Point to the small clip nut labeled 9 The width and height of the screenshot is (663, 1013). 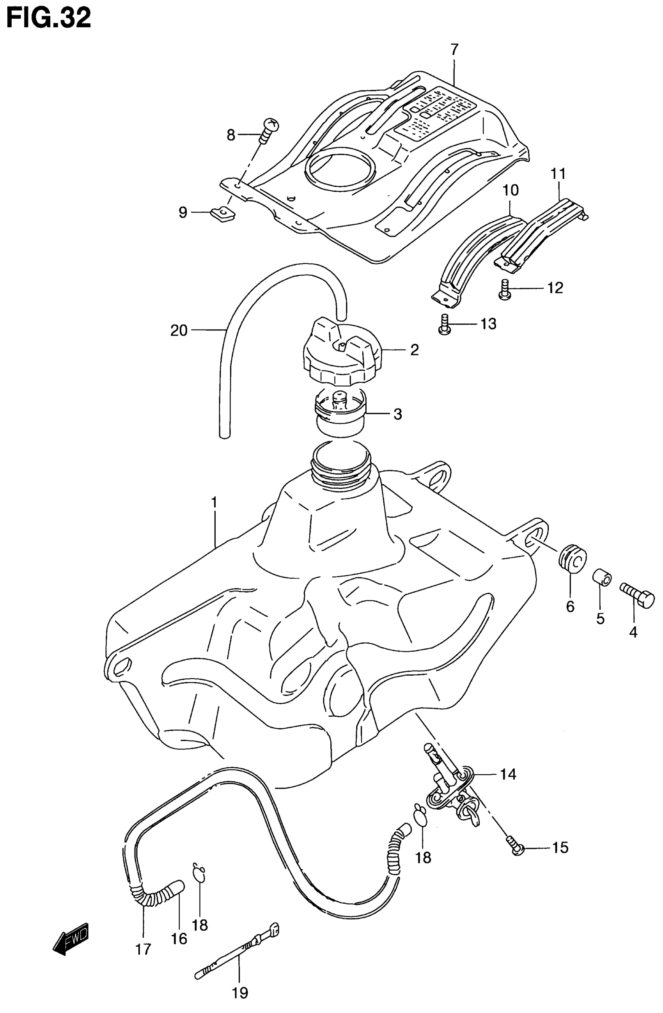pyautogui.click(x=223, y=213)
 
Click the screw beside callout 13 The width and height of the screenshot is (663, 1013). pyautogui.click(x=443, y=324)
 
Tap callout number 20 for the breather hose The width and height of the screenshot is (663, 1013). pyautogui.click(x=179, y=330)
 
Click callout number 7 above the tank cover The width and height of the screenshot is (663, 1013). pyautogui.click(x=454, y=50)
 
